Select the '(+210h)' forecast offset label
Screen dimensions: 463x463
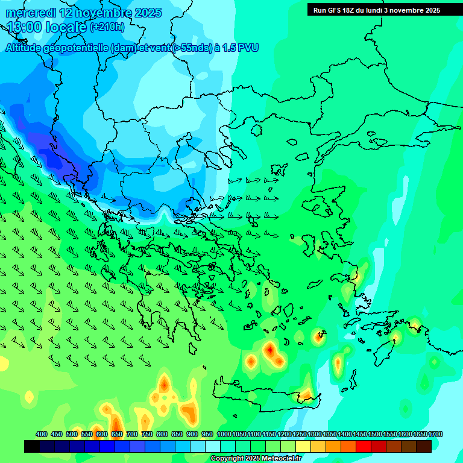tap(107, 27)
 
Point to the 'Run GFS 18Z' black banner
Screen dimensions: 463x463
tap(376, 10)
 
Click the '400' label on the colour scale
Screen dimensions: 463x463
tap(42, 434)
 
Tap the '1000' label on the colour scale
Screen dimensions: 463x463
tap(224, 434)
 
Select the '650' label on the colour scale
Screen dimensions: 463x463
tap(117, 434)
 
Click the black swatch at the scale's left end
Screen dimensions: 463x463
tap(32, 446)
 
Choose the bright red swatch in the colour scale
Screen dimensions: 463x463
tap(364, 446)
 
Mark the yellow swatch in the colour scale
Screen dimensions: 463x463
tap(303, 446)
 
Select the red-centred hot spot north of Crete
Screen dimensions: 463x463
tap(270, 349)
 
